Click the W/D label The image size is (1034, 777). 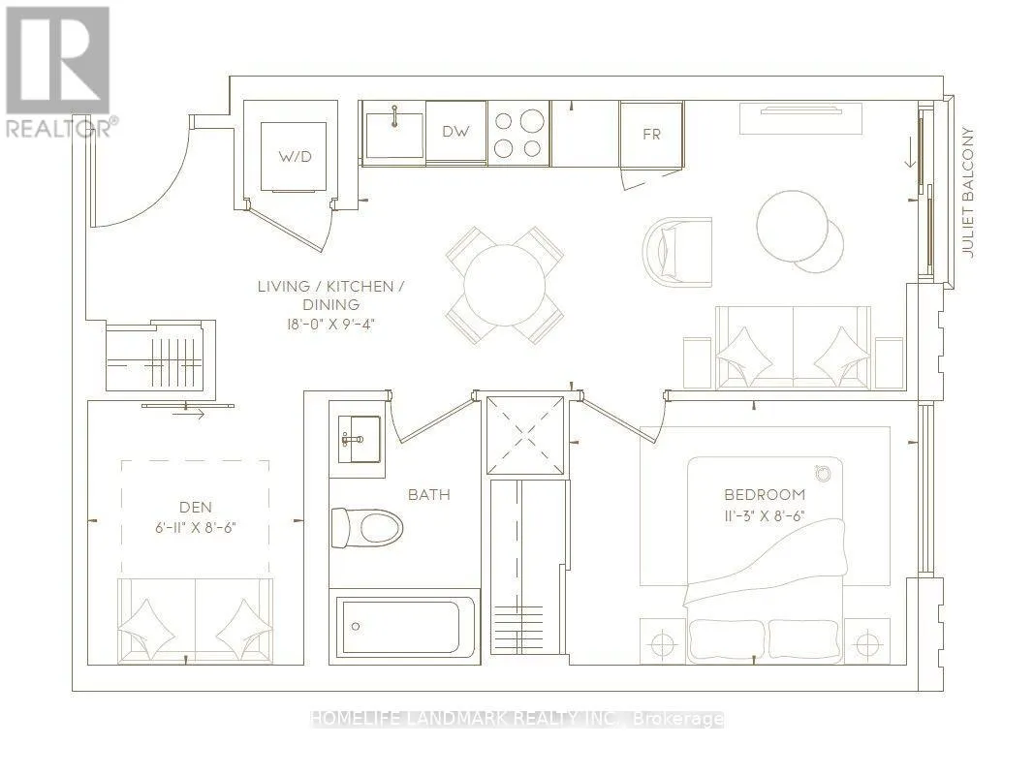(294, 157)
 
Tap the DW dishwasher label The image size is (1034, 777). (455, 131)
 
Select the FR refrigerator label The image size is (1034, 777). (651, 134)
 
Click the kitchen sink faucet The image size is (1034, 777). (394, 115)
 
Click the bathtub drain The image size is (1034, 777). (356, 626)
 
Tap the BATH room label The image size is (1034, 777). (429, 494)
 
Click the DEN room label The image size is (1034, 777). (196, 507)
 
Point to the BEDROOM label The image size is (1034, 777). (765, 494)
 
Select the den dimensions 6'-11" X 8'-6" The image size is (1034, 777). (196, 527)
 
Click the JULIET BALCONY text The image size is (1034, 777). (967, 193)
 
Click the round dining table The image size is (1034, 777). (505, 286)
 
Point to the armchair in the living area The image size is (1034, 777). (677, 253)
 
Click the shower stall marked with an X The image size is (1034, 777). (526, 435)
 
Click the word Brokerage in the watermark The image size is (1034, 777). (678, 719)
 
